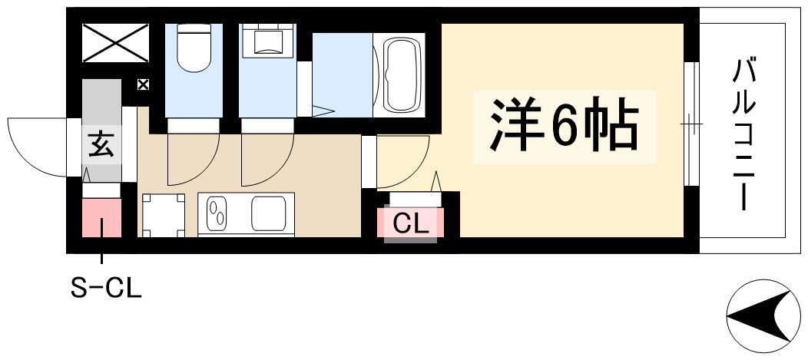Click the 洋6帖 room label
click(565, 127)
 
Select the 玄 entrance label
click(101, 145)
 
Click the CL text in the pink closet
click(411, 223)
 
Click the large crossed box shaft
click(115, 43)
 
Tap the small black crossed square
click(143, 84)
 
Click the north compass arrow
click(763, 316)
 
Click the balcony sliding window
click(691, 124)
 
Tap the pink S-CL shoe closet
click(101, 218)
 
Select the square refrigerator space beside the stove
click(164, 215)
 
